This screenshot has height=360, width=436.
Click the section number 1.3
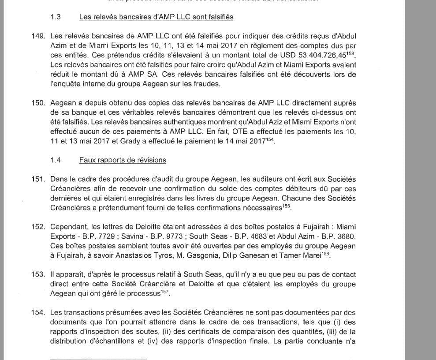point(56,17)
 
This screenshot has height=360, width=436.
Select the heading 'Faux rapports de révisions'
point(123,160)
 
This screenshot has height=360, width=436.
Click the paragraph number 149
point(39,36)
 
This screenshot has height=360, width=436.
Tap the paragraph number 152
point(39,227)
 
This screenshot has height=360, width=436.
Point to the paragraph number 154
point(39,313)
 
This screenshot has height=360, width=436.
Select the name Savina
point(133,236)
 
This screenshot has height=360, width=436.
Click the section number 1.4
point(56,160)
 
